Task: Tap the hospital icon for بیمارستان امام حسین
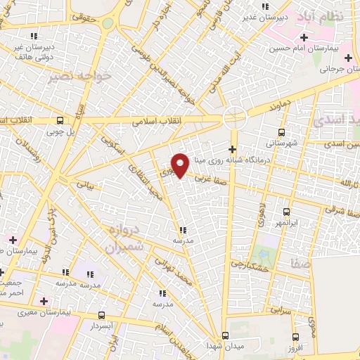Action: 304,37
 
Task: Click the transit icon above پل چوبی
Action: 60,120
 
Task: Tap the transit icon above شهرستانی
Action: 282,131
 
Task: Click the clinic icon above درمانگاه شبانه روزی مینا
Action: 233,148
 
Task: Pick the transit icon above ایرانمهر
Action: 286,211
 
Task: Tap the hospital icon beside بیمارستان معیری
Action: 44,301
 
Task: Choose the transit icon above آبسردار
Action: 103,316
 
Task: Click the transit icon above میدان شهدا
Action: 225,335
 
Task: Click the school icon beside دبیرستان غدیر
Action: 264,5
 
